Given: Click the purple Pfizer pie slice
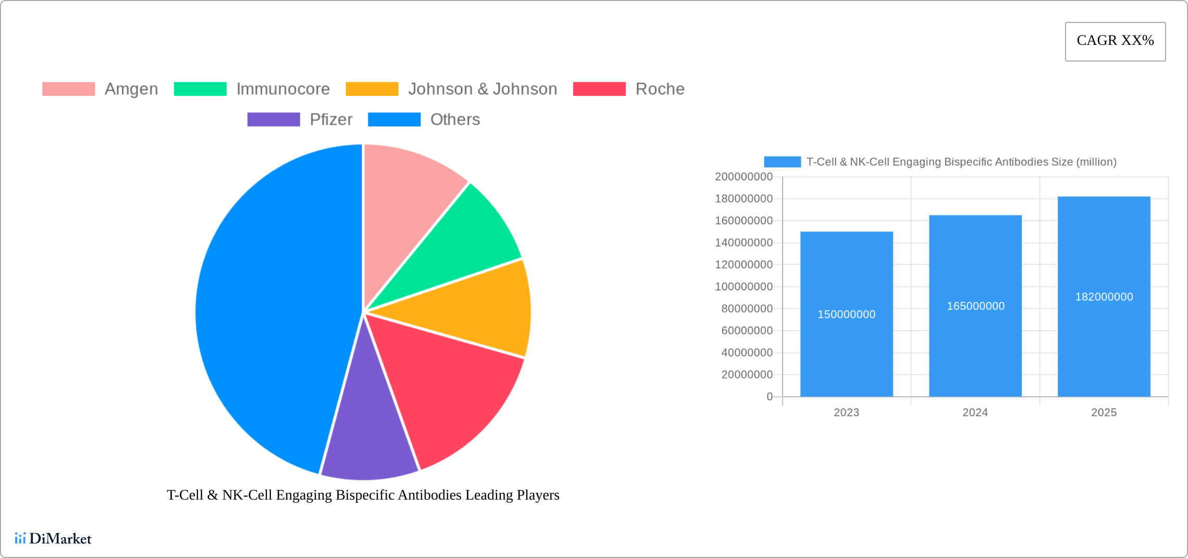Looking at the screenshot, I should coord(367,433).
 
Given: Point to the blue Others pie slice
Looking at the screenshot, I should coord(271,308).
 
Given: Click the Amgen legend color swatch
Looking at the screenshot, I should coord(68,89).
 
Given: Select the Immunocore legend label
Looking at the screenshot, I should coord(283,89).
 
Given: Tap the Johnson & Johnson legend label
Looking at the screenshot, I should coord(482,89).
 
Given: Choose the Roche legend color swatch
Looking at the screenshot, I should coord(599,89).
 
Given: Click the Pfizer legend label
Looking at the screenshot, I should coord(331,119).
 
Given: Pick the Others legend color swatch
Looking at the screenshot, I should coord(394,119).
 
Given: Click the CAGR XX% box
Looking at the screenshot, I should coord(1115,41).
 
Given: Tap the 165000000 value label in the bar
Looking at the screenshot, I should coord(975,306).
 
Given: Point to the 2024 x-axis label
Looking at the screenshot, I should coord(975,413).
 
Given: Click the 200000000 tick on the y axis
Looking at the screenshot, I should coord(744,177).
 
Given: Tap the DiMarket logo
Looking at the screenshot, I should coord(53,538).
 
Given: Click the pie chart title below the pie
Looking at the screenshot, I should coord(363,495).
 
